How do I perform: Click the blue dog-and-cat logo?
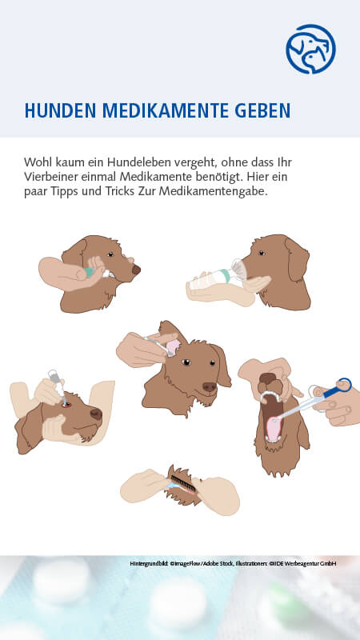pyautogui.click(x=310, y=49)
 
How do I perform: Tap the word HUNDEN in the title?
pyautogui.click(x=60, y=110)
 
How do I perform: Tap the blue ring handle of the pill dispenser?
pyautogui.click(x=344, y=386)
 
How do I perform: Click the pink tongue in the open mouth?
pyautogui.click(x=274, y=428)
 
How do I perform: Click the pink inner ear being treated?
pyautogui.click(x=173, y=348)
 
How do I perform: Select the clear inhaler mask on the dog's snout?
pyautogui.click(x=238, y=270)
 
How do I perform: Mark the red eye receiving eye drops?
pyautogui.click(x=66, y=405)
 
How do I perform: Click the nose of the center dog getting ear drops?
pyautogui.click(x=210, y=386)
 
